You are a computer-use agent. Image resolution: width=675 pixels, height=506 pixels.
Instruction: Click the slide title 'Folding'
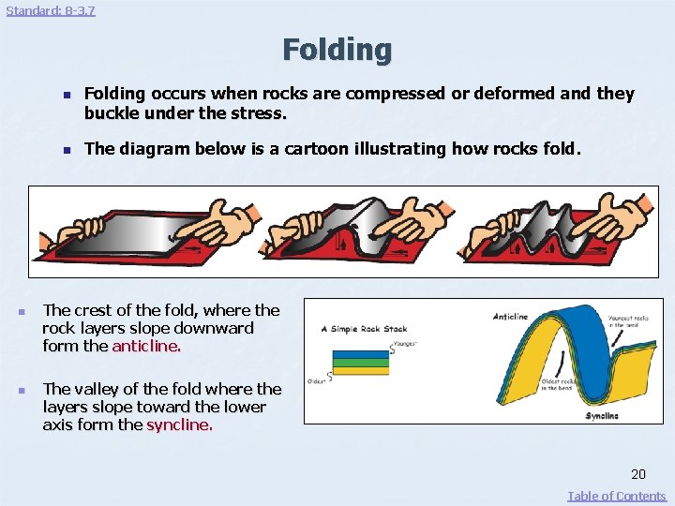[337, 50]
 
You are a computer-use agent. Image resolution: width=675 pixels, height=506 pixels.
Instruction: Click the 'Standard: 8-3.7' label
[51, 10]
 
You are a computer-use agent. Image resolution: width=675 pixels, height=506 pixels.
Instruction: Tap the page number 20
[637, 474]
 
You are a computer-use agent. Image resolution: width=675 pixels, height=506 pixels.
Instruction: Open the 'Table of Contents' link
[616, 496]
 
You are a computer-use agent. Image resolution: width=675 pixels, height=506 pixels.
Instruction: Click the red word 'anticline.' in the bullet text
[146, 346]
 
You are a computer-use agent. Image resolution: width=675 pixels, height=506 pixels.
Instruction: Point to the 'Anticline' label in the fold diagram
[510, 317]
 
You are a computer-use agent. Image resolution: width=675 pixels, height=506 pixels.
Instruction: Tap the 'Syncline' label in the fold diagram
[601, 415]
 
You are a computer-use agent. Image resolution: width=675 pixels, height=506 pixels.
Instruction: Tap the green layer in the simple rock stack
[360, 363]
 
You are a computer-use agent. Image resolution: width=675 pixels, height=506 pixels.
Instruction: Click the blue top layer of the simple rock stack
[360, 354]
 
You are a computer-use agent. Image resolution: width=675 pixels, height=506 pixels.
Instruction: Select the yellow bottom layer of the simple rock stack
[360, 371]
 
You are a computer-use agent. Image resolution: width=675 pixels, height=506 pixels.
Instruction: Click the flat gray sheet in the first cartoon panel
[141, 234]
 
